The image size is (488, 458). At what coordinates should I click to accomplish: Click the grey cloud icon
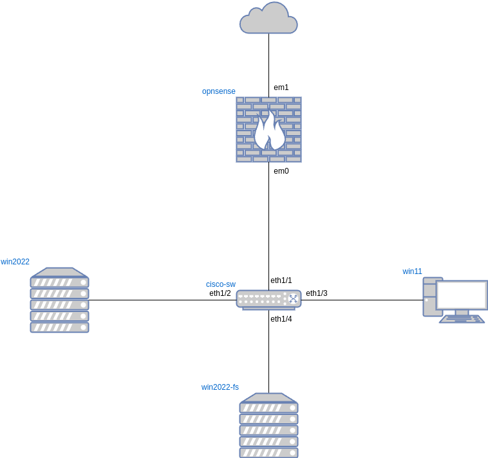coord(268,19)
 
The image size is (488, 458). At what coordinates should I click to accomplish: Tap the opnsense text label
coord(218,91)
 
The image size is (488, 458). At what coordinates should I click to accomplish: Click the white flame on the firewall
coord(268,131)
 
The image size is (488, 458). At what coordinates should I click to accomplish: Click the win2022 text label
coord(15,262)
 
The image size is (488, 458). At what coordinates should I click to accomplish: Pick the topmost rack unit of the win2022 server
coord(59,282)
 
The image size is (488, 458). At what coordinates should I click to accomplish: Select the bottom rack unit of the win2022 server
coord(59,327)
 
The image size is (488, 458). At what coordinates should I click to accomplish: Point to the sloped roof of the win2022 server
coord(59,272)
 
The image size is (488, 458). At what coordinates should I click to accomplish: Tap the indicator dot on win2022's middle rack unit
coord(83,305)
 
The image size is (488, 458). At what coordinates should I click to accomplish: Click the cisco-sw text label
coord(220,284)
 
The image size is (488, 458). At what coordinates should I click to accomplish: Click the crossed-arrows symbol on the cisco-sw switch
coord(293,298)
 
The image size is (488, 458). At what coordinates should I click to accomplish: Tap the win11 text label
coord(412,271)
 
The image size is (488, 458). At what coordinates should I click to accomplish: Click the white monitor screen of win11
coord(462,295)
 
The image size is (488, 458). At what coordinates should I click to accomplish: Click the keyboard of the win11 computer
coord(462,319)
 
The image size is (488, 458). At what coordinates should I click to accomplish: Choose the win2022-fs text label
coord(220,387)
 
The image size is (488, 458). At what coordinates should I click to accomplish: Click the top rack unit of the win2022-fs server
coord(268,408)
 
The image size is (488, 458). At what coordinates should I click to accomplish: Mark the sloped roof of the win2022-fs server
coord(268,398)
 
